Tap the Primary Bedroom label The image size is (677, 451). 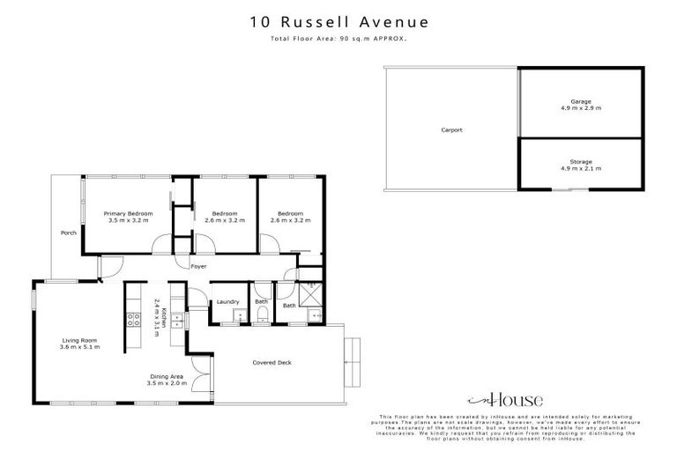point(128,214)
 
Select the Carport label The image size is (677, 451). point(451,129)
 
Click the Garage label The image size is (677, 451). point(580,101)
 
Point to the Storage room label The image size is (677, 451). point(580,161)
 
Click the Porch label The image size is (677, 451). point(68,233)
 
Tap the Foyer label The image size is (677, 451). point(199,265)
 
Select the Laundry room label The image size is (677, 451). point(228,302)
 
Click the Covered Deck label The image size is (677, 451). point(272,362)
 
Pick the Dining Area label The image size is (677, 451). point(165,375)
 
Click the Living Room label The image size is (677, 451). point(79,340)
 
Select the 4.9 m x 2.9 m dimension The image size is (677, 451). point(580,108)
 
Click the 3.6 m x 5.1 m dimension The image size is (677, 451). point(79,347)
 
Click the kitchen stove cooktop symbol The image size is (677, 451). point(135,318)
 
